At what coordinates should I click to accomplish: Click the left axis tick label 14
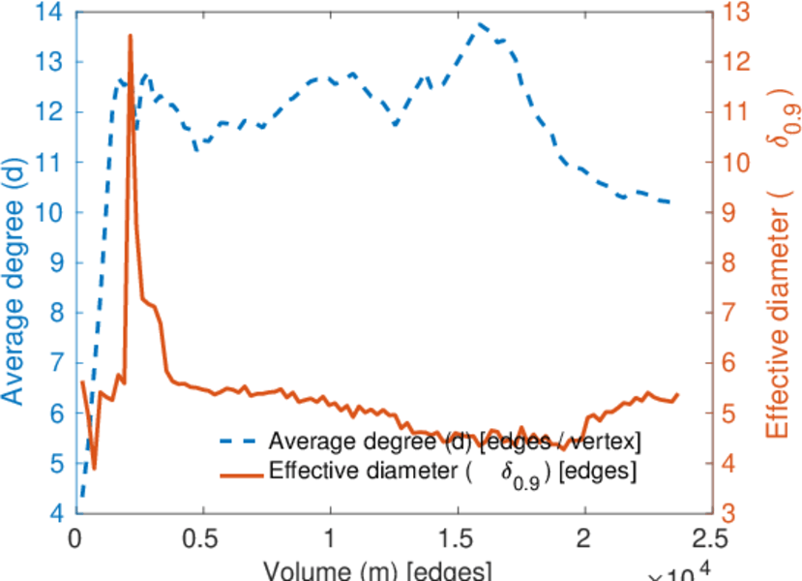point(46,13)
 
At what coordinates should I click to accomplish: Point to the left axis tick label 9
point(54,262)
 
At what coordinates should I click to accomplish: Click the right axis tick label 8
point(731,263)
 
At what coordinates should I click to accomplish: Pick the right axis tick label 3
point(731,512)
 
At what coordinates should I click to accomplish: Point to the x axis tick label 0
point(75,537)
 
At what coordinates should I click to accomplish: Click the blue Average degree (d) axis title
point(14,261)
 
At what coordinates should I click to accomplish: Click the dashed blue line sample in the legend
point(239,442)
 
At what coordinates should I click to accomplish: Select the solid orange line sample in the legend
point(239,474)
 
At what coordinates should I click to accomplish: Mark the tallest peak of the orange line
point(130,36)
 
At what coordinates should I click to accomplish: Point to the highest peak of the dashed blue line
point(478,23)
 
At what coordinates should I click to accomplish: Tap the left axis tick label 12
point(46,112)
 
